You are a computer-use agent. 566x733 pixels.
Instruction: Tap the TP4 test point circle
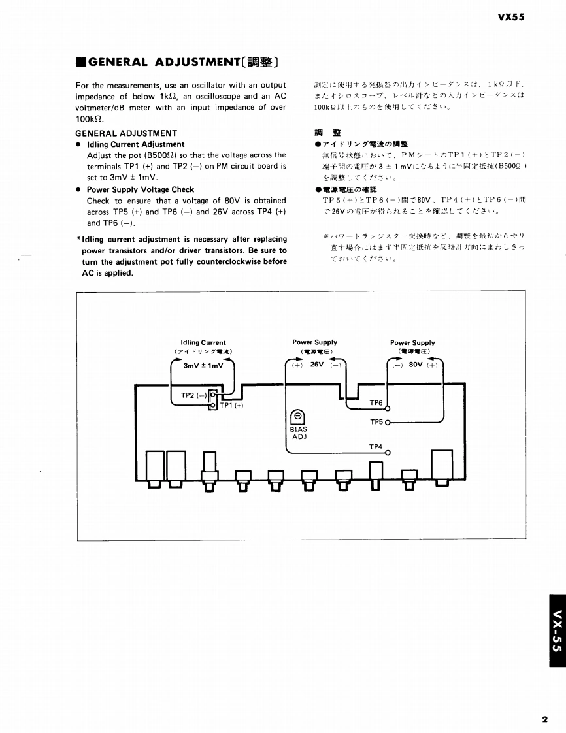[x=387, y=453]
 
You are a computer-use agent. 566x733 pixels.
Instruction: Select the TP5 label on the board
[x=376, y=422]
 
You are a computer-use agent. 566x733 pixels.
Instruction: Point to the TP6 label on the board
[x=376, y=403]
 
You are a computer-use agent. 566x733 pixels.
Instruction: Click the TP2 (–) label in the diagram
[x=193, y=395]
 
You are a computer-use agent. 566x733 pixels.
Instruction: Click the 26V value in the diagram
[x=316, y=365]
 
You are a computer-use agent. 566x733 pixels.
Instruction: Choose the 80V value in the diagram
[x=415, y=365]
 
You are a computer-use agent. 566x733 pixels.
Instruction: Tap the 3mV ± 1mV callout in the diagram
[x=203, y=365]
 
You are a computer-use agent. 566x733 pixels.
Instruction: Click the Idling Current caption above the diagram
[x=203, y=342]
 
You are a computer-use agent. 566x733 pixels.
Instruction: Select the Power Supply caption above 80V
[x=412, y=342]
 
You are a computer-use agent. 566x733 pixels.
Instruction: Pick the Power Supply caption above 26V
[x=315, y=342]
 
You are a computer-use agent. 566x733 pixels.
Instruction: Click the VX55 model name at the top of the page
[x=510, y=18]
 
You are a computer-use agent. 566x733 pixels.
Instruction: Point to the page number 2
[x=544, y=719]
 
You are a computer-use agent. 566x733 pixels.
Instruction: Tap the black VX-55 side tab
[x=556, y=630]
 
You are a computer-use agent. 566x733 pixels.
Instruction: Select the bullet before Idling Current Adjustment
[x=79, y=144]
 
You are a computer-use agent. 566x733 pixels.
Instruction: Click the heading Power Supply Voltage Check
[x=141, y=189]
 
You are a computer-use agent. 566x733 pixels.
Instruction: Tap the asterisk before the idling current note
[x=78, y=240]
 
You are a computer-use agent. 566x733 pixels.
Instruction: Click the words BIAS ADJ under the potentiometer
[x=299, y=432]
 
